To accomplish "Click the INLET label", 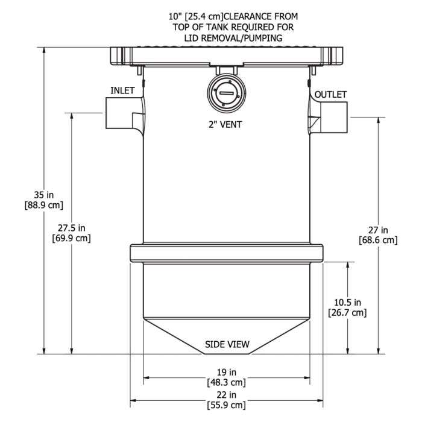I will coord(123,90).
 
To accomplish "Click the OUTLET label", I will coord(331,95).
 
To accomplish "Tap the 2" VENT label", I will coord(226,125).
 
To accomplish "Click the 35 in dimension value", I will coord(43,195).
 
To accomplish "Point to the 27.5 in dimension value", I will coord(72,228).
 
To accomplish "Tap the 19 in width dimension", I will coord(227,372).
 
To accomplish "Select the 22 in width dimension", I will coord(227,394).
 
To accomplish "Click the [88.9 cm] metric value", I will coord(43,205).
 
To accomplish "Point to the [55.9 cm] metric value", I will coord(227,405).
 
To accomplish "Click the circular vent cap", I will coord(227,93).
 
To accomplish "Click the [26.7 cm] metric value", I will coord(346,312).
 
